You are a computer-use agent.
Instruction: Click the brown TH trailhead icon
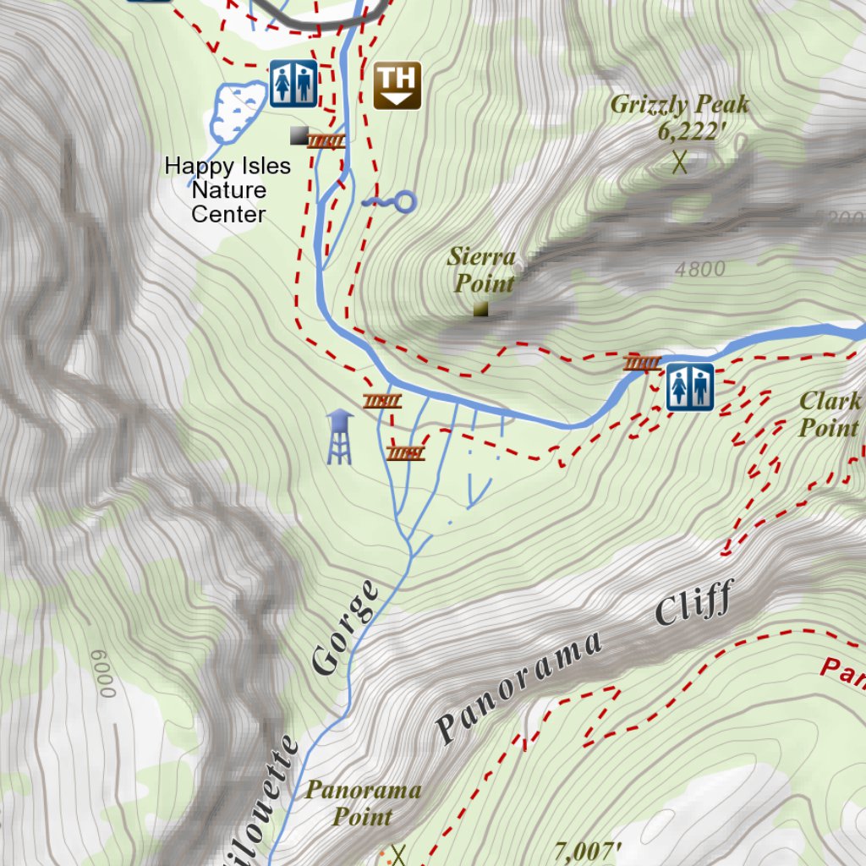(397, 85)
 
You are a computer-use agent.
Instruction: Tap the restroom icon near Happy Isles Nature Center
(293, 83)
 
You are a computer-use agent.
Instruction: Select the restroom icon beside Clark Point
(689, 387)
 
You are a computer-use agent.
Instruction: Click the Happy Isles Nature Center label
(227, 190)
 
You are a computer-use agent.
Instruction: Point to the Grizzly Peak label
(679, 105)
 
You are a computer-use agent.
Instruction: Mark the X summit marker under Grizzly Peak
(679, 161)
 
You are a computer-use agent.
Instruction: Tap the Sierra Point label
(482, 270)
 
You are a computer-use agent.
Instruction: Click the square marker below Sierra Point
(480, 310)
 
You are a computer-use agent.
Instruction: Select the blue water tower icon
(339, 436)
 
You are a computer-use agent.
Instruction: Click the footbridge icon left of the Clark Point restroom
(643, 364)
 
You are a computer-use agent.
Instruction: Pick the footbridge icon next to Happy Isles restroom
(326, 141)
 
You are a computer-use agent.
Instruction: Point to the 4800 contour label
(700, 269)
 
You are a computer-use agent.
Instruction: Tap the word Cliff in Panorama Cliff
(693, 603)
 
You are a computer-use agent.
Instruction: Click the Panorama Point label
(363, 803)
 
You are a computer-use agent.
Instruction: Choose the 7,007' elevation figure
(589, 850)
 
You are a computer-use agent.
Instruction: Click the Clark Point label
(829, 414)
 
